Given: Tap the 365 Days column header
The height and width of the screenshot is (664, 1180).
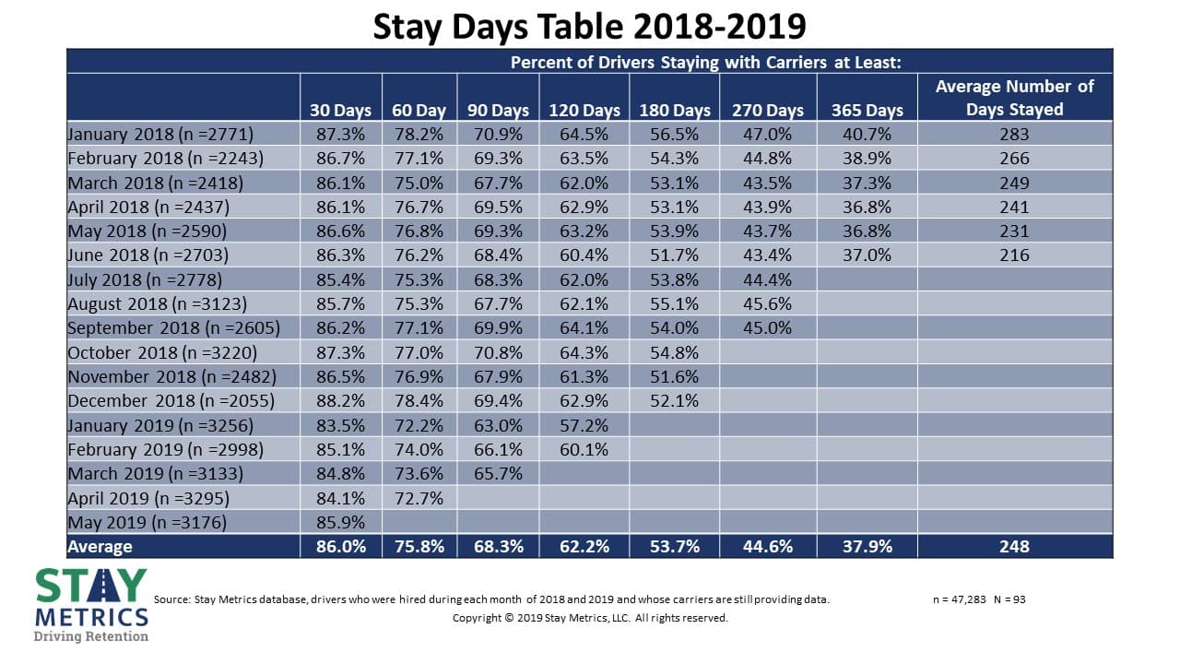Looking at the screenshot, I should pos(867,110).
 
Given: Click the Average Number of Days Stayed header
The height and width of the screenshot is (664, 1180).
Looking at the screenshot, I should pos(1014,98).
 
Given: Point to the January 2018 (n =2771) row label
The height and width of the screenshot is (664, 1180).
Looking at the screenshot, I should pos(160,134).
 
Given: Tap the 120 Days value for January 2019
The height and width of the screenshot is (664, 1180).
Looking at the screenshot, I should pos(584,425).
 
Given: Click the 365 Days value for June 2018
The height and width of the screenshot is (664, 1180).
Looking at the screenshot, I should pos(867,255).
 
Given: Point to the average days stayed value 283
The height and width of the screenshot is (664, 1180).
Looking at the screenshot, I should pos(1014,134).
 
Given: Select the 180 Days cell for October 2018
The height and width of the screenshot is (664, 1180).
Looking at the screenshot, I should pos(675,352).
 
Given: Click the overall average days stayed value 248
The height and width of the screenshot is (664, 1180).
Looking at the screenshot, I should pos(1014,546).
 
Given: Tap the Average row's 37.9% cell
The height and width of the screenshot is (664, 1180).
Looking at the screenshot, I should pos(867,546).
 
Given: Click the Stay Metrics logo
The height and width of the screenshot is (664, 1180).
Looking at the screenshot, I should pos(90,603).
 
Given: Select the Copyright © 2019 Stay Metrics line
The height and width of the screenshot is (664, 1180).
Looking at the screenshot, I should pos(590,618).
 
